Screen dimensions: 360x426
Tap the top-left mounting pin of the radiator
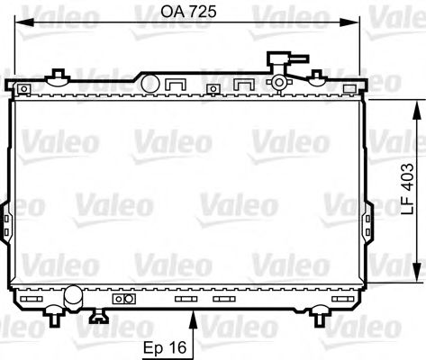click(59, 75)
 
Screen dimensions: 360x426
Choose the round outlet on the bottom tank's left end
click(72, 294)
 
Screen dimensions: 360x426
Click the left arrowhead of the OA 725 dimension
click(22, 25)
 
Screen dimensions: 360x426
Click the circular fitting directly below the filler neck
click(280, 84)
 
